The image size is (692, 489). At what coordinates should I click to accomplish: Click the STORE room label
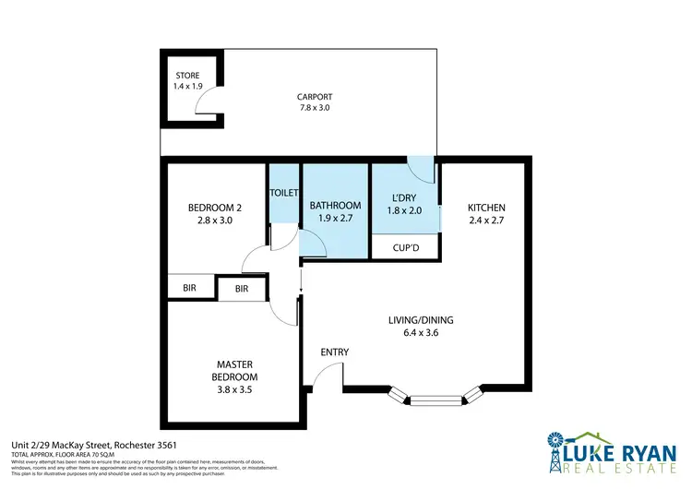[186, 75]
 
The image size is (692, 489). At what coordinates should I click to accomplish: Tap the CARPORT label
[314, 96]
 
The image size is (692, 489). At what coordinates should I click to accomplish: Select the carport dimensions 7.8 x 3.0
[314, 108]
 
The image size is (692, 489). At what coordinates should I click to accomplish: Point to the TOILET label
[283, 193]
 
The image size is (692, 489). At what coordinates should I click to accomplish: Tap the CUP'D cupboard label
[405, 248]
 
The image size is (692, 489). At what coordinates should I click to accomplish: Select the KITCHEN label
[486, 208]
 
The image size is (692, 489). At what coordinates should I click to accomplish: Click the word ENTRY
[334, 352]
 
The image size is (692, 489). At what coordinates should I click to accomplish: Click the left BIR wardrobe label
[189, 289]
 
